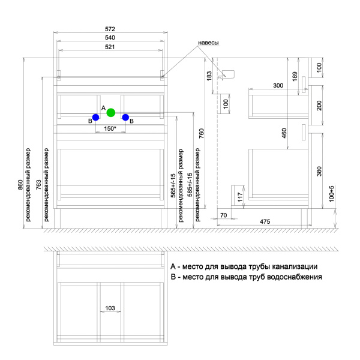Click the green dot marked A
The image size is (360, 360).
click(110, 112)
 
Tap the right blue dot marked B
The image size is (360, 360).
click(125, 118)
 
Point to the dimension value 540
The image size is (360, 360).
click(110, 38)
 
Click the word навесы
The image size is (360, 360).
click(208, 43)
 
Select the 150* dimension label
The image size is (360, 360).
click(110, 128)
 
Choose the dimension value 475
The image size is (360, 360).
click(265, 222)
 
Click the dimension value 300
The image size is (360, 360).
click(278, 86)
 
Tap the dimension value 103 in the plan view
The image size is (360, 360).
click(110, 308)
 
